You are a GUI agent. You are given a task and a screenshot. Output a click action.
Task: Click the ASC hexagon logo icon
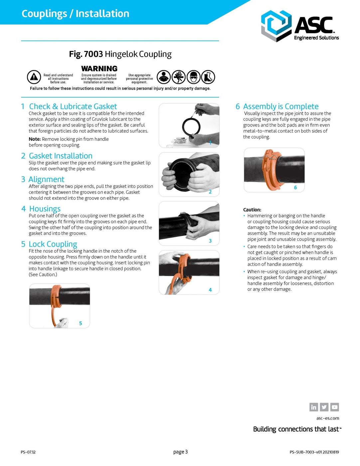[276, 26]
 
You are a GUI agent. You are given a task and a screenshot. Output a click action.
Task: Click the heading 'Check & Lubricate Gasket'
[73, 107]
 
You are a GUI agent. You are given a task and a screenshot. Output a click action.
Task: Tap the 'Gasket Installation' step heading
[61, 156]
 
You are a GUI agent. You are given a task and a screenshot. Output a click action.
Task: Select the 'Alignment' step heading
[46, 179]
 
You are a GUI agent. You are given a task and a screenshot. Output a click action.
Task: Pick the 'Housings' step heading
[45, 209]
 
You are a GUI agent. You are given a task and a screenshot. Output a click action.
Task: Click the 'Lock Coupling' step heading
[53, 244]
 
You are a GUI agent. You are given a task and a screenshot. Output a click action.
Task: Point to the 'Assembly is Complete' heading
[280, 107]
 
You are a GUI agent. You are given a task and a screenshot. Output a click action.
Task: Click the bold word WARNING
[99, 69]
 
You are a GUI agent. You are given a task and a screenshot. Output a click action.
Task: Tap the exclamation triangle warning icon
[34, 77]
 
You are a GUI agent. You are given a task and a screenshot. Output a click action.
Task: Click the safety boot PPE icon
[208, 77]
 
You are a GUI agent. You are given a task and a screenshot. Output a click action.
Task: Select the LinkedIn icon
[313, 407]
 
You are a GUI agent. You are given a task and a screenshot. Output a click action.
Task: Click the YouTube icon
[335, 407]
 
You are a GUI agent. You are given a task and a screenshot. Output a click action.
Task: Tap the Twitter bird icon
[324, 407]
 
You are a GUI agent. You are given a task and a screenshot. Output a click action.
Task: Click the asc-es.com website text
[327, 418]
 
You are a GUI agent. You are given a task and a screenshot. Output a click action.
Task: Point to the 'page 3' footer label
[180, 452]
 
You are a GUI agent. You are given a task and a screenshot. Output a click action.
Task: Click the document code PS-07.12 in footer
[28, 452]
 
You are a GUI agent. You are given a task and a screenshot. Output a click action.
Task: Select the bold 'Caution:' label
[252, 210]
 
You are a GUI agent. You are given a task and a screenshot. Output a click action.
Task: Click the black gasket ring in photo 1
[191, 127]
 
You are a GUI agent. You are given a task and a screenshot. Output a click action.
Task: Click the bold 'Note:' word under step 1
[35, 139]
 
